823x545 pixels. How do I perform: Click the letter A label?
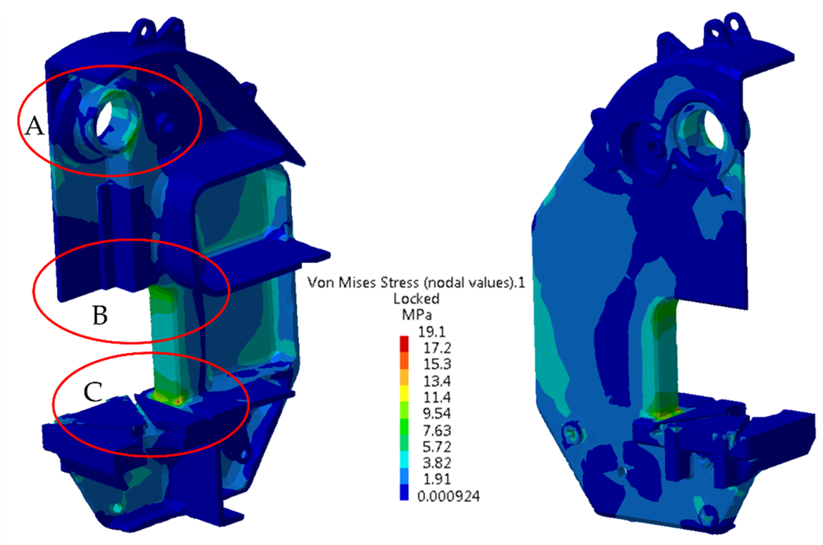coord(35,126)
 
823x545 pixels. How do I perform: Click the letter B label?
coord(100,315)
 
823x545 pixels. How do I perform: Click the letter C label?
coord(93,392)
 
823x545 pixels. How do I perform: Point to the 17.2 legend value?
coord(437,348)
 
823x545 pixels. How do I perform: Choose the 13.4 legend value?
coord(437,381)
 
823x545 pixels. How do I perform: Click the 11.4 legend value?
coord(437,397)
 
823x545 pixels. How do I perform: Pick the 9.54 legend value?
coord(437,414)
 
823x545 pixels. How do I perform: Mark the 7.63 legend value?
coord(437,431)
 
